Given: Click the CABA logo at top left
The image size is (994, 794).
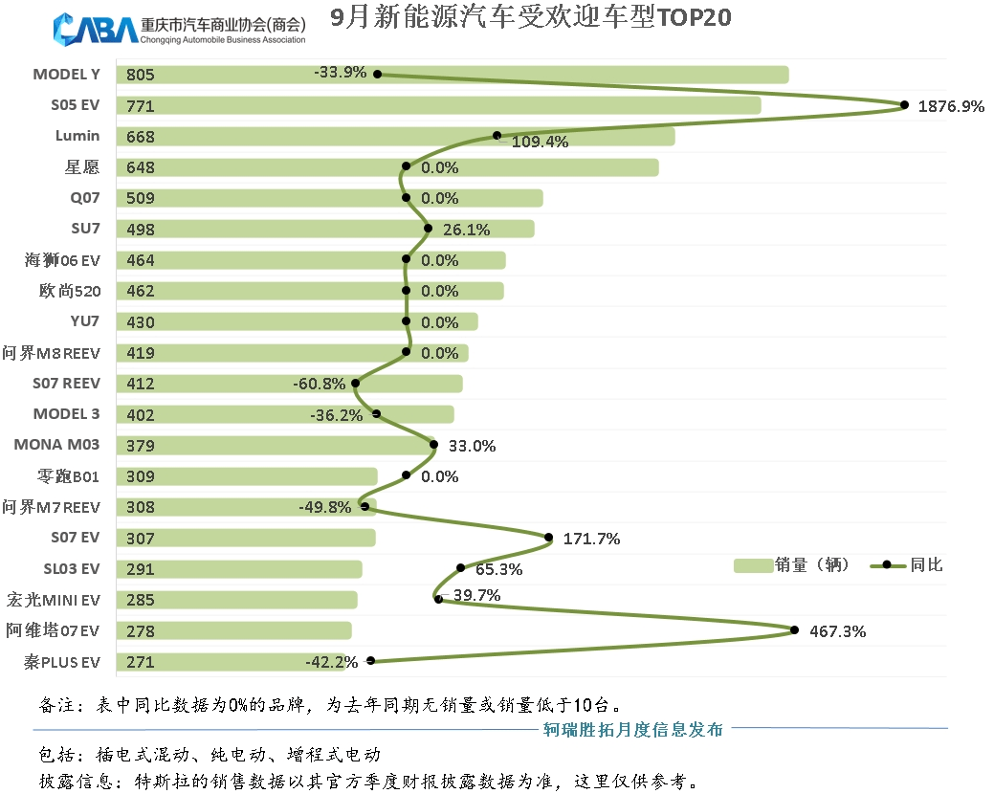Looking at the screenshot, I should (x=96, y=29).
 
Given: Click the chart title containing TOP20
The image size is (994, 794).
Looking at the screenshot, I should (x=531, y=17).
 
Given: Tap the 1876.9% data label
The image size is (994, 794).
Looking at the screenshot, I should (x=951, y=106).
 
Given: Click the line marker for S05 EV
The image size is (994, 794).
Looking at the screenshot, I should (x=904, y=105).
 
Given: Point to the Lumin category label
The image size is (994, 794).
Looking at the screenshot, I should (x=77, y=136).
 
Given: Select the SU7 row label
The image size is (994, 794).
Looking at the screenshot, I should (x=84, y=229).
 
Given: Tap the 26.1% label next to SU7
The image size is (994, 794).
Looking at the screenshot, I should (x=466, y=230).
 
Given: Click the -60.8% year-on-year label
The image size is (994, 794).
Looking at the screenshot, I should (x=320, y=384).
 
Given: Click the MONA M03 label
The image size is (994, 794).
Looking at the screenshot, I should (x=56, y=445).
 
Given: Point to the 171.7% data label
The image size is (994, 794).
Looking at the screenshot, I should (x=591, y=539).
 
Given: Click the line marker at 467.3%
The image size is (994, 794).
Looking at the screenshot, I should (x=795, y=629).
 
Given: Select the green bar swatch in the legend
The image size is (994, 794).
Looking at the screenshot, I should (x=752, y=565).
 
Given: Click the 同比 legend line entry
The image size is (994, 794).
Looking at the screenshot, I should (x=904, y=565).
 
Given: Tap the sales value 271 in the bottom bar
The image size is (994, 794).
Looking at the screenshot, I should (x=140, y=662).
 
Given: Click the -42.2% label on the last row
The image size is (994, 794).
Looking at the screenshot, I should (x=331, y=661).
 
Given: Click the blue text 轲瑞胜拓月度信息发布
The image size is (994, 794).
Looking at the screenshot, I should (x=633, y=730).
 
